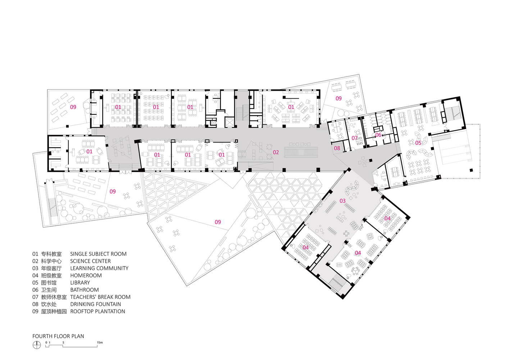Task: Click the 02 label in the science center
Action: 276,152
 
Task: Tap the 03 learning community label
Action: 342,201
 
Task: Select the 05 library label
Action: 418,143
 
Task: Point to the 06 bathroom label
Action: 378,135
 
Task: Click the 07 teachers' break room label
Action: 354,138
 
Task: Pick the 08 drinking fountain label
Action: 337,148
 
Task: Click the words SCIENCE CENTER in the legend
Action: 90,261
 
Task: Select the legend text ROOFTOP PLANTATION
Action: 98,311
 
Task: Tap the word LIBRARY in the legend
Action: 80,283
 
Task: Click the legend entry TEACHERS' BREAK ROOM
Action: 100,297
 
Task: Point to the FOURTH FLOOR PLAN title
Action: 58,336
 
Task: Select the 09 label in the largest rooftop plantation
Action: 218,222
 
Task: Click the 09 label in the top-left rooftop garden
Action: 73,107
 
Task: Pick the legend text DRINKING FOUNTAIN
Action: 96,304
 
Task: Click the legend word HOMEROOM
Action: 86,275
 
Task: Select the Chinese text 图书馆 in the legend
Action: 49,283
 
